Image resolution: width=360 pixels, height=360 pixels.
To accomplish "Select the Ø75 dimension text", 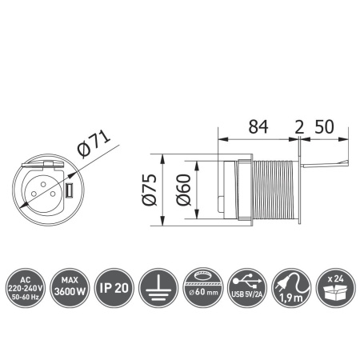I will point(145,190).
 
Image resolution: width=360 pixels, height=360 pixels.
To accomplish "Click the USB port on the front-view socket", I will point(69,192).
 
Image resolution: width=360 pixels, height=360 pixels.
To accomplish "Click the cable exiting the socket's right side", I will point(328,164).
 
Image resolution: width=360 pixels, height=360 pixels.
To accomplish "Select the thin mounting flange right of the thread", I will point(300,190).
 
